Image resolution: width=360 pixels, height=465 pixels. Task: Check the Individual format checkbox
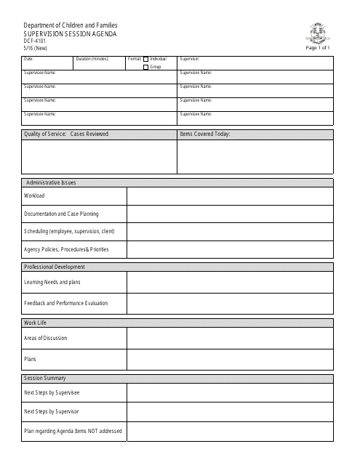pos(146,58)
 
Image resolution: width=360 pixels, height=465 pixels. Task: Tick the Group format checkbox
pos(146,66)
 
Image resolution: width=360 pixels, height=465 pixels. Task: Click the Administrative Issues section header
pos(51,182)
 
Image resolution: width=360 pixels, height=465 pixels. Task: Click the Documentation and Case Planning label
pos(61,214)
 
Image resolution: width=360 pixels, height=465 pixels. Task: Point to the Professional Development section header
pos(55,267)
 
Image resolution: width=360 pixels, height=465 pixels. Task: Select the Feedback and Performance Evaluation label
pos(65,303)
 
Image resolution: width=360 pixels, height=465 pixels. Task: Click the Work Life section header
pos(36,321)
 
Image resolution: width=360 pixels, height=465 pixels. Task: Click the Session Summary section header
pos(45,378)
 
